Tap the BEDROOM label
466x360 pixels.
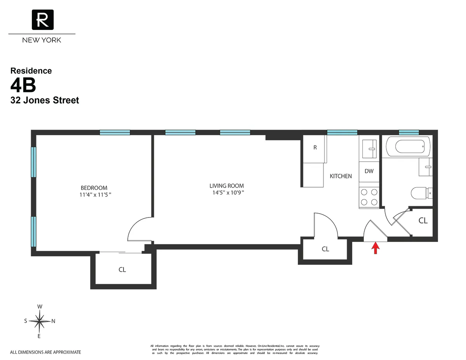point(94,188)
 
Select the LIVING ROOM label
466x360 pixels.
point(227,186)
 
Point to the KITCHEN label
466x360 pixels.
point(341,176)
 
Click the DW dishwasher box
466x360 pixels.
point(369,171)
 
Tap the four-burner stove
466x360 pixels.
point(369,197)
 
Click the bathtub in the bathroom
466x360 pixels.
point(408,147)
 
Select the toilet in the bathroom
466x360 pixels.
point(421,192)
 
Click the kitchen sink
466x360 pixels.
point(369,149)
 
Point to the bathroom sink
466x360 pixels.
point(426,167)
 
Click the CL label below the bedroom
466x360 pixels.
point(122,270)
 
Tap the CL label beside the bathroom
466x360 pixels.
point(423,221)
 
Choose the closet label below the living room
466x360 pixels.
point(325,249)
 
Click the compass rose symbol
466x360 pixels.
point(40,321)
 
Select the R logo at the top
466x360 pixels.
point(42,20)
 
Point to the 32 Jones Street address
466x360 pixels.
point(45,100)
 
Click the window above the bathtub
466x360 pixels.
point(409,132)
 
